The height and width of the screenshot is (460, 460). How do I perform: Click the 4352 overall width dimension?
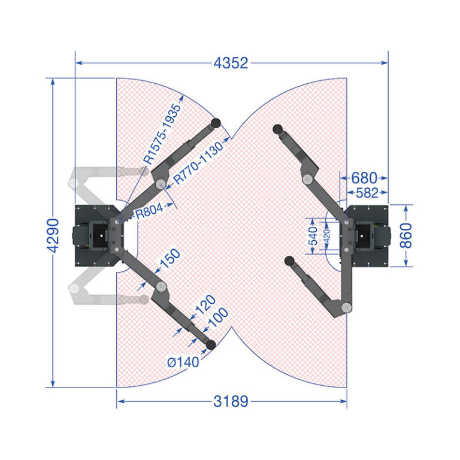pyautogui.click(x=231, y=63)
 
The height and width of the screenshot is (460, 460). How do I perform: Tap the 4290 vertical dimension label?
pyautogui.click(x=53, y=235)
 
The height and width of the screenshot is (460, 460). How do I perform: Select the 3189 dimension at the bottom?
pyautogui.click(x=231, y=401)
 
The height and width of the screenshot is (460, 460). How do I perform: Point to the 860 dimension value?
pyautogui.click(x=406, y=235)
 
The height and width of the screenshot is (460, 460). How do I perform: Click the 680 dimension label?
pyautogui.click(x=364, y=178)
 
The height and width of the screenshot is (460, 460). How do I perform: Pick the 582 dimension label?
pyautogui.click(x=367, y=193)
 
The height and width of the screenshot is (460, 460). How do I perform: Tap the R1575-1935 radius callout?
pyautogui.click(x=162, y=134)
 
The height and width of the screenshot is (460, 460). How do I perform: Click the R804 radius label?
pyautogui.click(x=149, y=211)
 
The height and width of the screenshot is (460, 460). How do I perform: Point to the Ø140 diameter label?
pyautogui.click(x=183, y=362)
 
